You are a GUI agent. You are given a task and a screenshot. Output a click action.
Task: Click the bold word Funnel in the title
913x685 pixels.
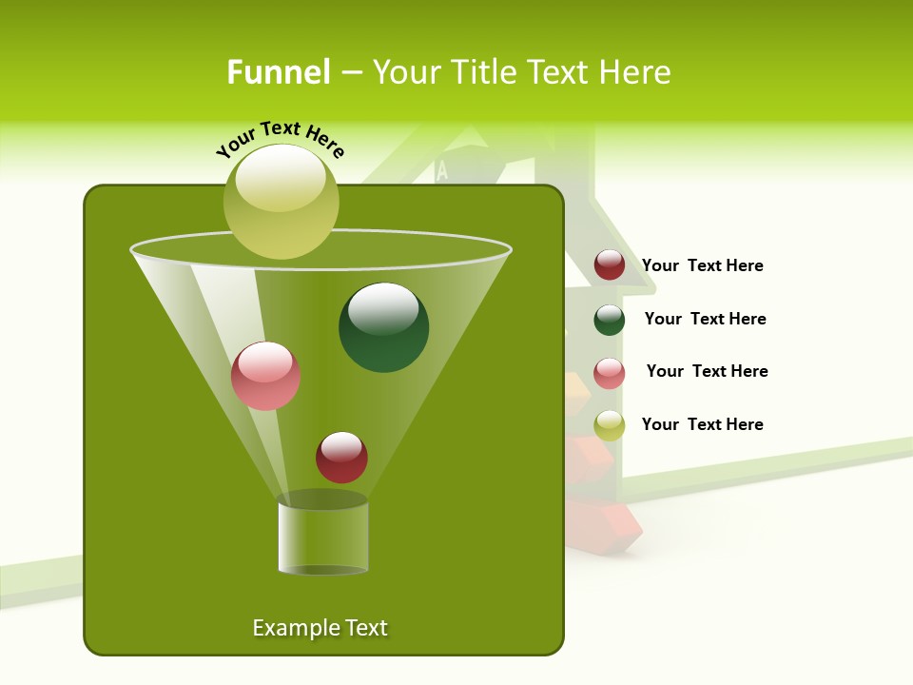(x=278, y=72)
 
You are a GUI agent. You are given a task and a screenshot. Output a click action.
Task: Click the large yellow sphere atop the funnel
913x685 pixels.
(x=282, y=202)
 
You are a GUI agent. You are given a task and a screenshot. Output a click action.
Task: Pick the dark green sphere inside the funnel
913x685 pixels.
(x=384, y=327)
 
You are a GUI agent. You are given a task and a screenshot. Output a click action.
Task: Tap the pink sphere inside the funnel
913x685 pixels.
(x=265, y=376)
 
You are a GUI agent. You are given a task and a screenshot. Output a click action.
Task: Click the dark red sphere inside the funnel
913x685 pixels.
(x=341, y=457)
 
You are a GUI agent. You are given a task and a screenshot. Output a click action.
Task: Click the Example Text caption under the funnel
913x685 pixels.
(x=320, y=628)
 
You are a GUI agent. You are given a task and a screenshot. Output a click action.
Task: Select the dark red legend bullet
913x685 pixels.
(x=610, y=265)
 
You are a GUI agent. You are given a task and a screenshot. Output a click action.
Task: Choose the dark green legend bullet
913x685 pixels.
(x=610, y=320)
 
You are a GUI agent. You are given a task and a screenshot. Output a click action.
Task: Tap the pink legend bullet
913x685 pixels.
(x=610, y=373)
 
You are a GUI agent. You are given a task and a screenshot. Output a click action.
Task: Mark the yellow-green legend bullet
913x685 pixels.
(x=610, y=425)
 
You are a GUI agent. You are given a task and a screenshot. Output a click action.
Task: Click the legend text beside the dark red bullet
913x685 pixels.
(x=703, y=265)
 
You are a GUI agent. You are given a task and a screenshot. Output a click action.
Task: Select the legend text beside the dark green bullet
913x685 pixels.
(x=705, y=319)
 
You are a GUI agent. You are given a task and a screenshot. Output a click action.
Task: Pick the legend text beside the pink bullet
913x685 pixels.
(x=707, y=371)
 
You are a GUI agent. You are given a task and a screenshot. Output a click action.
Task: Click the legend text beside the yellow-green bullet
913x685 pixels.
(x=703, y=424)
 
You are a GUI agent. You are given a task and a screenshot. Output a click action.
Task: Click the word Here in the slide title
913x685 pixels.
(x=636, y=72)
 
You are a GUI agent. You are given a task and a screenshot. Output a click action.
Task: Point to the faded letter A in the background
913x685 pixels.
(x=441, y=171)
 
